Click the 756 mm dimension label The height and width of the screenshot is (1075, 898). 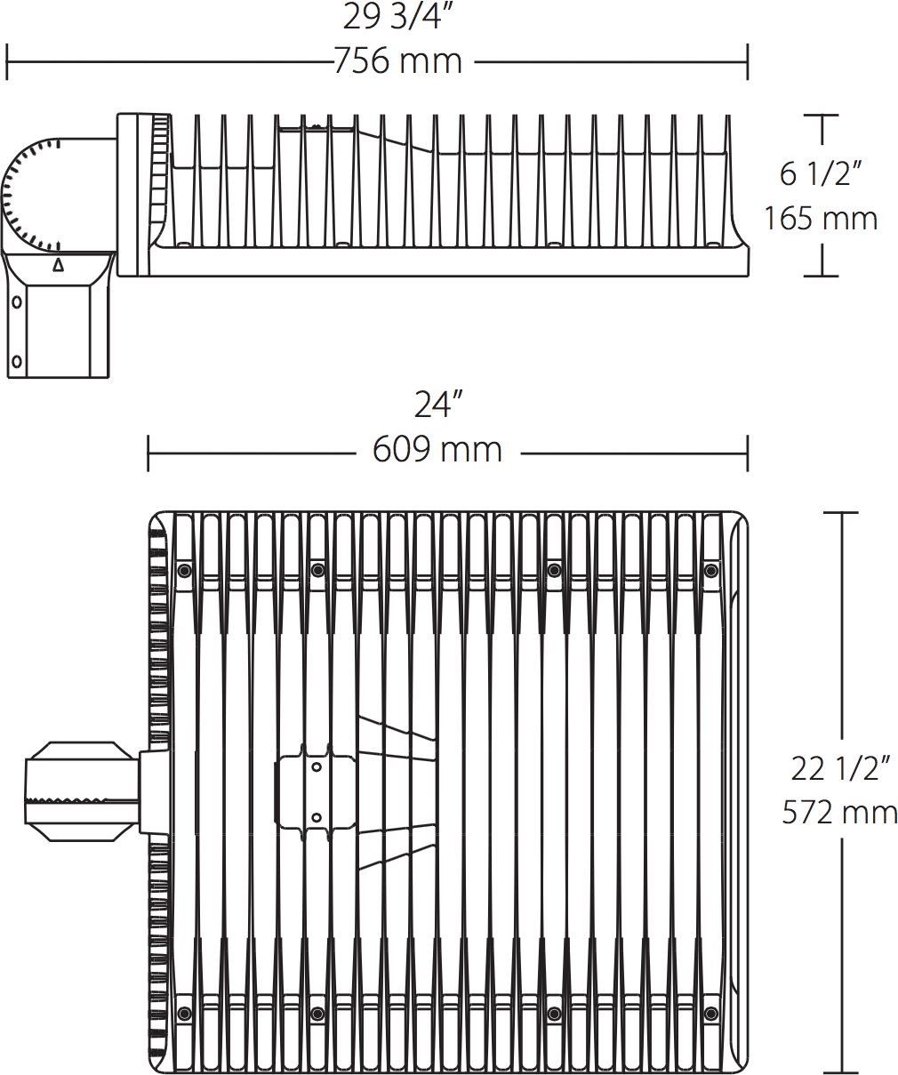(x=398, y=61)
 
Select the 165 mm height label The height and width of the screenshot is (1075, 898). (x=821, y=219)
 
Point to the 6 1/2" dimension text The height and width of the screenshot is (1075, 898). (x=821, y=174)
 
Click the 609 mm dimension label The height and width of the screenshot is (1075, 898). (x=437, y=450)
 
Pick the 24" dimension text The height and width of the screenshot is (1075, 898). (x=438, y=405)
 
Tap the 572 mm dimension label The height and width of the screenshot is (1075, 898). (x=839, y=813)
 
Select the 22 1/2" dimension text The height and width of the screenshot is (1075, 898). (x=840, y=768)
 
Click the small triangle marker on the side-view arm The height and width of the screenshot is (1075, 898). (x=59, y=265)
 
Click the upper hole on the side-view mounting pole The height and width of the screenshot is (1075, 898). (x=17, y=302)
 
